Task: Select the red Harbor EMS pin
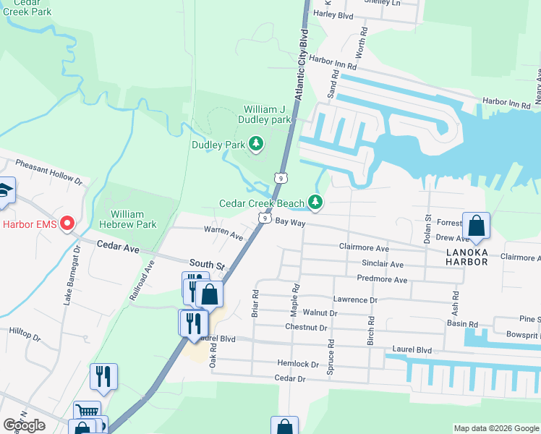coord(68,223)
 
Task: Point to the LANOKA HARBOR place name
coord(467,256)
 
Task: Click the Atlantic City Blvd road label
coord(302,64)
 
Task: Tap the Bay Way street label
coord(291,224)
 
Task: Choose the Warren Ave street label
coord(223,234)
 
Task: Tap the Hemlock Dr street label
coord(297,363)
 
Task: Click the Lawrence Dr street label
coord(355,299)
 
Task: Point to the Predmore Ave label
coord(382,279)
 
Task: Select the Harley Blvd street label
coord(333,14)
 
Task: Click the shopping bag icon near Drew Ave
coord(477,226)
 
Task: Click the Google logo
coord(25,425)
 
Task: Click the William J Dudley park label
coord(266,114)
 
